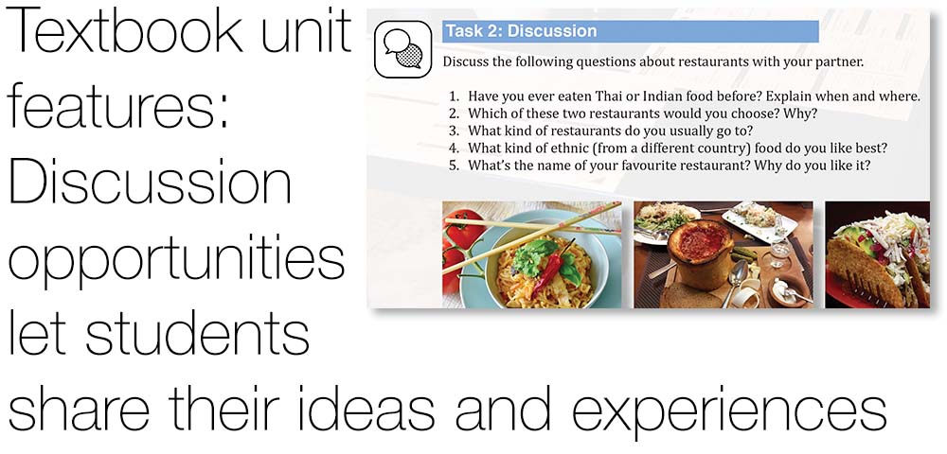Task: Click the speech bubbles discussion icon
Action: [x=402, y=49]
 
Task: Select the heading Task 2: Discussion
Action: [x=521, y=31]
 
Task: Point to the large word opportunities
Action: [x=176, y=260]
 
